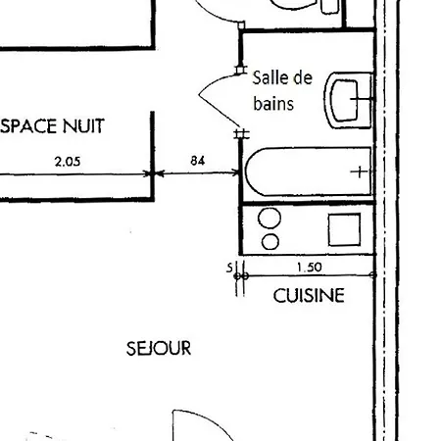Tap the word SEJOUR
pos(158,348)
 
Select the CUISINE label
pos(309,295)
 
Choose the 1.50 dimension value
pos(309,266)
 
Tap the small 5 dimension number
pos(229,266)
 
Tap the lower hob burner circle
pos(269,241)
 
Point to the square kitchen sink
pos(345,229)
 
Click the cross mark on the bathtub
pos(361,171)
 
